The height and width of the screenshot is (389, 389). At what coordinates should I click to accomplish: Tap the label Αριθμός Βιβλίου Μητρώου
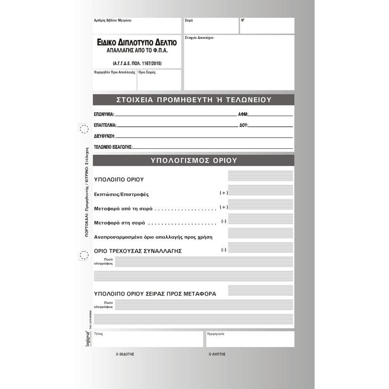[x=112, y=21]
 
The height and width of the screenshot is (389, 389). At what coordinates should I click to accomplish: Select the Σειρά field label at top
[x=189, y=21]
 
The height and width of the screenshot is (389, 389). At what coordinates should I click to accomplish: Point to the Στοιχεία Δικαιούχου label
[x=199, y=37]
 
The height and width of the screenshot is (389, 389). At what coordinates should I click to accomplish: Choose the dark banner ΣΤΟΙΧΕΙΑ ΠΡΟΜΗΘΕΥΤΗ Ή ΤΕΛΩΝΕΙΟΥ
[x=194, y=100]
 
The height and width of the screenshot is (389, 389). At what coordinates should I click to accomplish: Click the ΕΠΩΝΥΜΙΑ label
[x=104, y=114]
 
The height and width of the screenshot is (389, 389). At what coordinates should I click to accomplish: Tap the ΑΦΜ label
[x=243, y=114]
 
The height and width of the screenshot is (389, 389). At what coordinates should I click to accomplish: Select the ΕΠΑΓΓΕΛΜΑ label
[x=105, y=125]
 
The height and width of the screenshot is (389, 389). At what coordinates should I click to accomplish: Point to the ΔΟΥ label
[x=244, y=125]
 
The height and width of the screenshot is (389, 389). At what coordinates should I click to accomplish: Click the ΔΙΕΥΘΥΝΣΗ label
[x=105, y=136]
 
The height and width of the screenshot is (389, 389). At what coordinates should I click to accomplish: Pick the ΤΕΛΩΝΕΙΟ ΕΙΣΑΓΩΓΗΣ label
[x=113, y=147]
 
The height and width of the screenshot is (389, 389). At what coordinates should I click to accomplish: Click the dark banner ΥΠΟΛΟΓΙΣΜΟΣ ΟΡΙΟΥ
[x=194, y=160]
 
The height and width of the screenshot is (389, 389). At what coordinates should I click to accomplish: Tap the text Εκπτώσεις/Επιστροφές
[x=121, y=194]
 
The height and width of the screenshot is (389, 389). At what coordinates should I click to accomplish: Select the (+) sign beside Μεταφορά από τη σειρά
[x=224, y=207]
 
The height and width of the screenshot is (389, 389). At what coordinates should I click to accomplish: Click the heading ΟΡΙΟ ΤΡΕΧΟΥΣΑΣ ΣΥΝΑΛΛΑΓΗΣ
[x=138, y=251]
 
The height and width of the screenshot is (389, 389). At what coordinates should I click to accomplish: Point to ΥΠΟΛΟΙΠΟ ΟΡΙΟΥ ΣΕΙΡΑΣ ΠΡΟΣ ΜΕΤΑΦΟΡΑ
[x=155, y=294]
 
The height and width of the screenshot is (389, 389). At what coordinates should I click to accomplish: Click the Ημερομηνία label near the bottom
[x=216, y=335]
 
